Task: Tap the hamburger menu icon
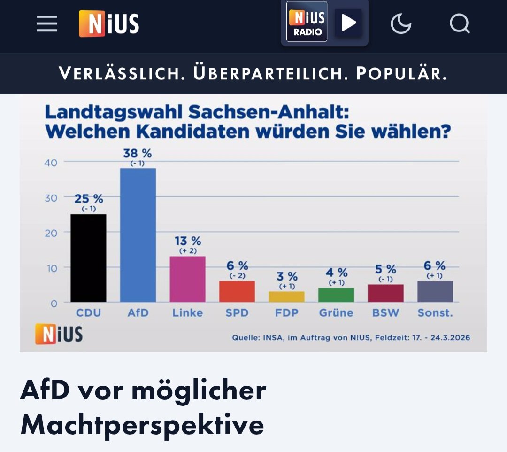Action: (x=47, y=23)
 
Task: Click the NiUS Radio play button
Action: (x=348, y=23)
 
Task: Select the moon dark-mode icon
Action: (x=401, y=23)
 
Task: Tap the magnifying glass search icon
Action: (x=460, y=23)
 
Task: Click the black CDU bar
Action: (x=88, y=258)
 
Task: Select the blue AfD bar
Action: (x=138, y=235)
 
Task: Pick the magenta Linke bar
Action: (x=187, y=279)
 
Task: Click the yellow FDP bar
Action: (x=286, y=296)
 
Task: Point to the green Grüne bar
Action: (x=336, y=295)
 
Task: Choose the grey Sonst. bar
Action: (x=435, y=291)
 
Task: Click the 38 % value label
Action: (x=137, y=154)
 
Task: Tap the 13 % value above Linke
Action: (x=187, y=241)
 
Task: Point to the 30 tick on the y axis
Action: (x=51, y=198)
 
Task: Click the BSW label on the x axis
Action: (x=385, y=313)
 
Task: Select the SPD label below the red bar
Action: (x=237, y=313)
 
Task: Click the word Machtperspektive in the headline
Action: (x=142, y=425)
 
